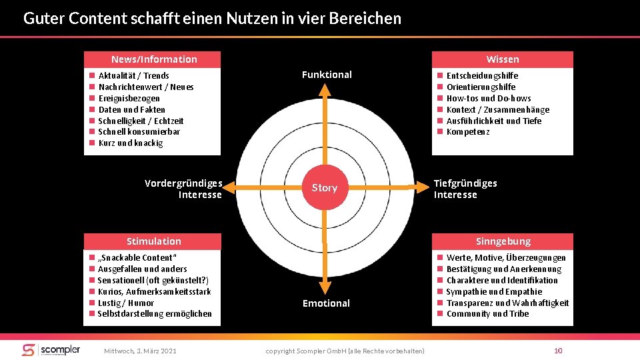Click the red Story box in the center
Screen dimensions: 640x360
click(325, 187)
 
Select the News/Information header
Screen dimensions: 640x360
click(154, 59)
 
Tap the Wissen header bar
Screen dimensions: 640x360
click(502, 59)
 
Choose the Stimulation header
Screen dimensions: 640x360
click(154, 241)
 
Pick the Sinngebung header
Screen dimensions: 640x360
click(503, 241)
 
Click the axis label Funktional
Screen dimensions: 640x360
click(327, 75)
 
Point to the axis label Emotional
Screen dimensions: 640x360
click(326, 303)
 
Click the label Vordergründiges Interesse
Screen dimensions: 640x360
click(183, 189)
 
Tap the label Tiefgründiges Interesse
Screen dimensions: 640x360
click(465, 189)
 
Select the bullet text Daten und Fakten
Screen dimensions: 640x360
click(132, 109)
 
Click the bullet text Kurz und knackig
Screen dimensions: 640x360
click(131, 143)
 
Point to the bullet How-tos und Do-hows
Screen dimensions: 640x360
click(489, 98)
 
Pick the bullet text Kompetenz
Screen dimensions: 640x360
click(468, 132)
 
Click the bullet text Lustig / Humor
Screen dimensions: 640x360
click(126, 303)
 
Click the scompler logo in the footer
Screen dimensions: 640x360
click(51, 350)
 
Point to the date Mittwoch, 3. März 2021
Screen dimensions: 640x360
click(141, 351)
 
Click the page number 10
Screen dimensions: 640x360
click(558, 351)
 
